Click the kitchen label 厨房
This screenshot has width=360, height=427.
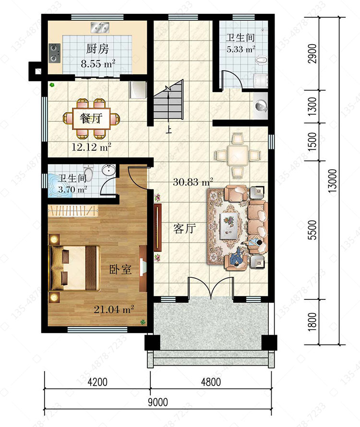click(x=97, y=49)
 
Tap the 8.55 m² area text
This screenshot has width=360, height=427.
click(x=98, y=64)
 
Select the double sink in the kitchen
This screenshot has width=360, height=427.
click(x=100, y=27)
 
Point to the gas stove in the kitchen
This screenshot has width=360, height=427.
click(x=54, y=53)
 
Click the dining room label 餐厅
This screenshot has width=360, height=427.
click(x=91, y=118)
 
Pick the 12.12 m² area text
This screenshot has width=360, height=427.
click(x=91, y=147)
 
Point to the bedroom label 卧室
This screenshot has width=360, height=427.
click(x=120, y=269)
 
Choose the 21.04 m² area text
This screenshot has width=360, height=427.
click(x=114, y=309)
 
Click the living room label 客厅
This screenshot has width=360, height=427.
click(x=184, y=229)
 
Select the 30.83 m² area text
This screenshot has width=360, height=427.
click(x=193, y=182)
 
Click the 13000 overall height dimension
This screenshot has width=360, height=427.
click(x=333, y=181)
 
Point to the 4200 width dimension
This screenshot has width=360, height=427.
click(x=97, y=382)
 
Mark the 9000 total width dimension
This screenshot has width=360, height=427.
click(x=158, y=402)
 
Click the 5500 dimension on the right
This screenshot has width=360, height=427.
click(x=313, y=230)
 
